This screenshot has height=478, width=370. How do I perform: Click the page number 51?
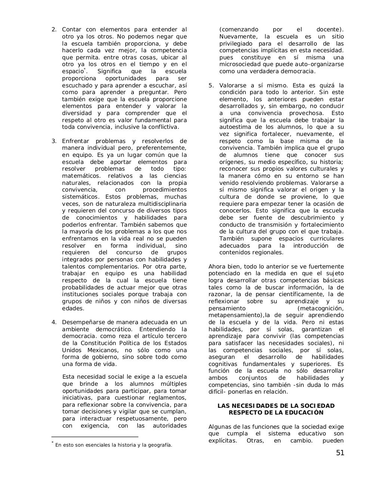coord(340,453)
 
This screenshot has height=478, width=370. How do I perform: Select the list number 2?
coord(54,30)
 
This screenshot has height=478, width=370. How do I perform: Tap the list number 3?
coord(54,141)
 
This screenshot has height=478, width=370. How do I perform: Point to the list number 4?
coord(54,322)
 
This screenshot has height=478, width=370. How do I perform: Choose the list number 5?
coord(211,86)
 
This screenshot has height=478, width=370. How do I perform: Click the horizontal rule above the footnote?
coord(95,436)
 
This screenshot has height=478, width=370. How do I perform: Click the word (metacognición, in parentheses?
coord(320,308)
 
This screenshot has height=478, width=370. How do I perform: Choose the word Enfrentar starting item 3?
coord(75,141)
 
